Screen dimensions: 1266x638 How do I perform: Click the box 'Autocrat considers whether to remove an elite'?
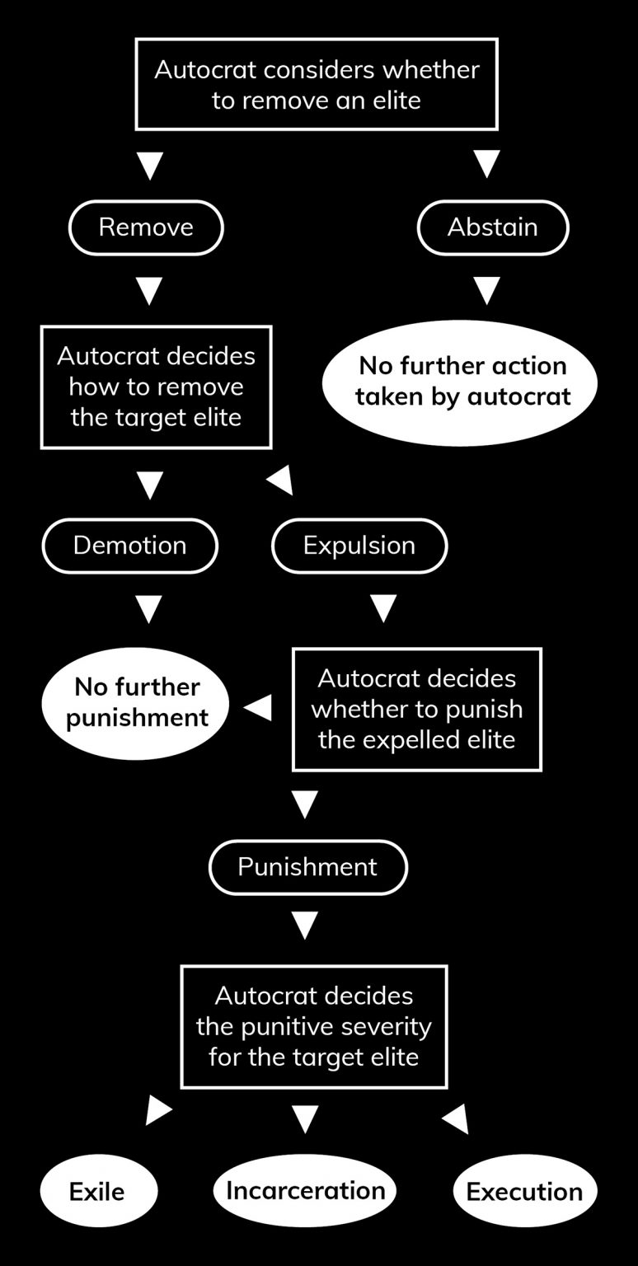(x=317, y=84)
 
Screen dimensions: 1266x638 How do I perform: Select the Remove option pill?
(x=146, y=227)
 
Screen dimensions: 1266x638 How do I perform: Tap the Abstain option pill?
(x=493, y=227)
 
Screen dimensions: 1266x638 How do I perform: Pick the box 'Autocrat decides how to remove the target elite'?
(x=156, y=387)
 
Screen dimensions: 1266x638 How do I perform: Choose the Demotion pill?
(x=129, y=546)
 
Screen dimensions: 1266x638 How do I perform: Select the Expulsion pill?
(x=359, y=546)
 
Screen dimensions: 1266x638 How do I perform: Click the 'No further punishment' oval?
(x=135, y=702)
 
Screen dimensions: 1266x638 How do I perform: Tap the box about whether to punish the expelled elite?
(x=416, y=709)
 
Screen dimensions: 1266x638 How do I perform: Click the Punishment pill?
(x=307, y=867)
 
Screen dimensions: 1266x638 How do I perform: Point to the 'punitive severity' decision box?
(x=313, y=1026)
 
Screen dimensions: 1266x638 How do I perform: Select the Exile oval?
(x=98, y=1191)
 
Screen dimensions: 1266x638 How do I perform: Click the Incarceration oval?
(x=305, y=1190)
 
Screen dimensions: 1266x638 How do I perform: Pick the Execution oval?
(x=524, y=1191)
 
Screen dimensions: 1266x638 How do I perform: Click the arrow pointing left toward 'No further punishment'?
(x=259, y=707)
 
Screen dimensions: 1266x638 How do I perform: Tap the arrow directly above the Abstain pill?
(x=487, y=165)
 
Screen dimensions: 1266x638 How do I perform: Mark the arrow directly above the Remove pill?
(x=149, y=165)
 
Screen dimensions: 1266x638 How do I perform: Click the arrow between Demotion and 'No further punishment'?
(x=149, y=610)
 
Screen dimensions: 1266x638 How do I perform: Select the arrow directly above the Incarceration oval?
(x=305, y=1118)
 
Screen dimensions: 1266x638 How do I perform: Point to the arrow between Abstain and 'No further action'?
(x=487, y=290)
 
